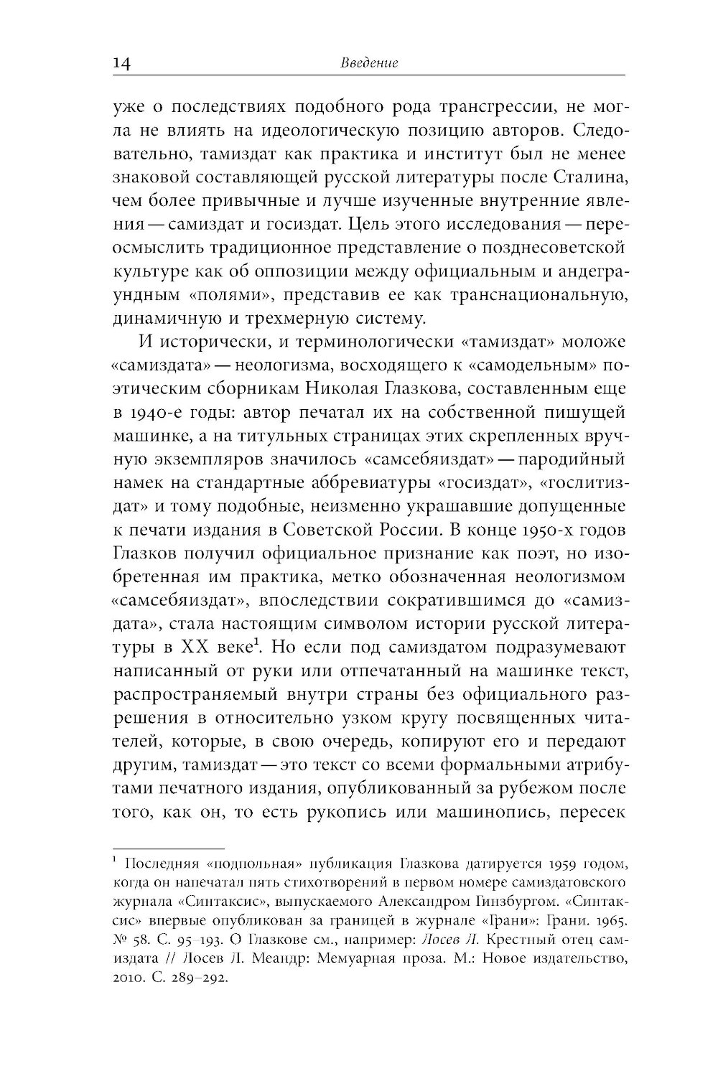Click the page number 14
[121, 64]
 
